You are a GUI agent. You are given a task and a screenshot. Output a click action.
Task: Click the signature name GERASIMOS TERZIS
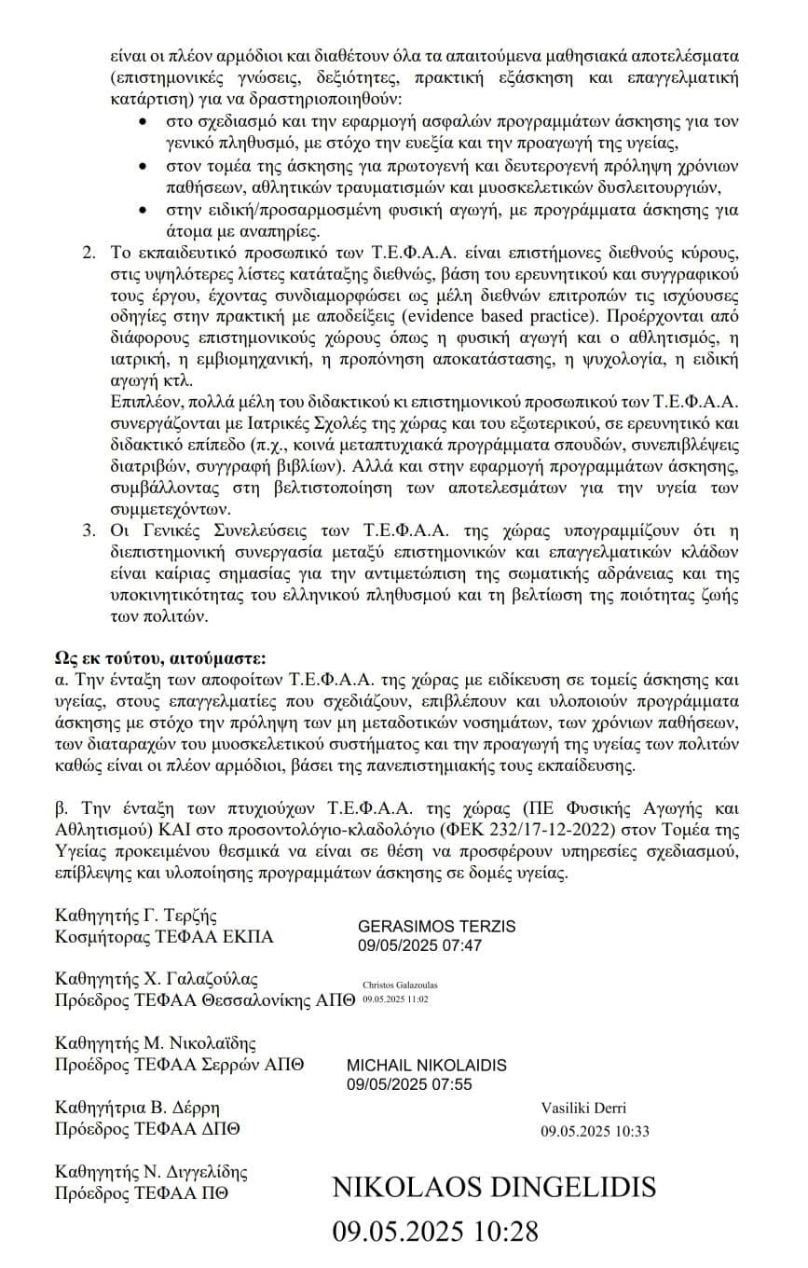tap(436, 927)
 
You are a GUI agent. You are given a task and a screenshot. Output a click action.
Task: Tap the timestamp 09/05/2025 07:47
tap(419, 945)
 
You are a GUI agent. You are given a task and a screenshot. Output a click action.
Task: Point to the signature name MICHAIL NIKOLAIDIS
tap(427, 1065)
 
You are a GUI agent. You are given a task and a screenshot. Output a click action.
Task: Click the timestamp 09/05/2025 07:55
tap(409, 1083)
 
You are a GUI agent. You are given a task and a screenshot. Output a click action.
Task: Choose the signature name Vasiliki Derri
tap(583, 1109)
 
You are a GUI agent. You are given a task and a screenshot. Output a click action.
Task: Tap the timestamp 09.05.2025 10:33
tap(595, 1132)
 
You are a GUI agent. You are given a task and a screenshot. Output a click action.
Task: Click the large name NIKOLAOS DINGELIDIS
tap(494, 1188)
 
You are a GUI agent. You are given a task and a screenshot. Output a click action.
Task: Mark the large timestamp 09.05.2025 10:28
tap(435, 1232)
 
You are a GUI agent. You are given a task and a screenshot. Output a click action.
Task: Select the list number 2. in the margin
tap(89, 255)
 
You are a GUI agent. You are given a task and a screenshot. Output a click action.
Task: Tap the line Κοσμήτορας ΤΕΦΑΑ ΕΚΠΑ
tap(165, 937)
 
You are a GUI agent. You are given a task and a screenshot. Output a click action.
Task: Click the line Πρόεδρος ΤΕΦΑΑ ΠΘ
tap(141, 1192)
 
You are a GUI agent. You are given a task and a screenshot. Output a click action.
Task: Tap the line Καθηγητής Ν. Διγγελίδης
tap(151, 1171)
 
